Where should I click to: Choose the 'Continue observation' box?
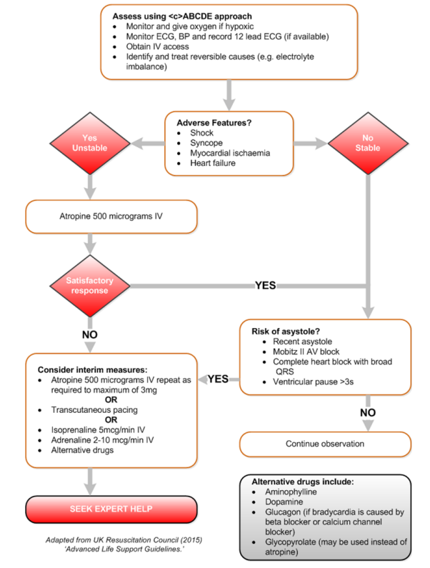pyautogui.click(x=326, y=444)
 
